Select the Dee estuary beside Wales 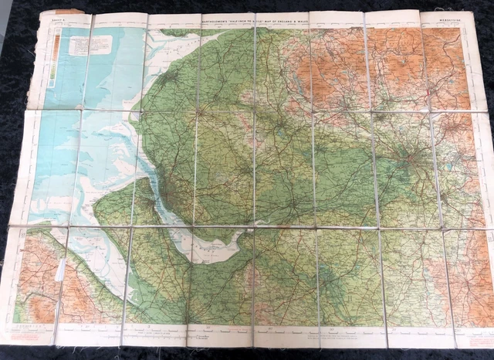[116, 232]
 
